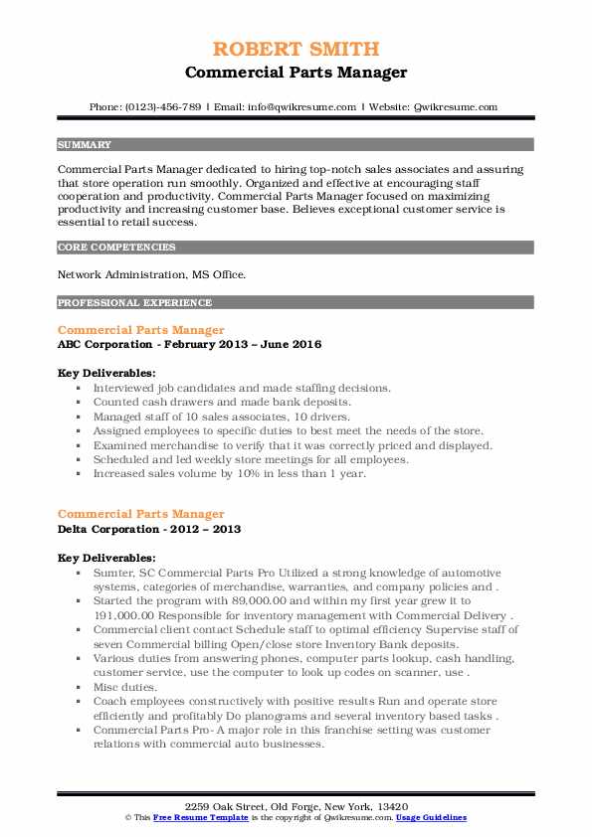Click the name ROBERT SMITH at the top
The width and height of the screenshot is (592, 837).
coord(296,49)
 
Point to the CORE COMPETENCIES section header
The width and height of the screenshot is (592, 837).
coord(116,247)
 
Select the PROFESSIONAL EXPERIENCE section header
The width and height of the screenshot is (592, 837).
coord(134,302)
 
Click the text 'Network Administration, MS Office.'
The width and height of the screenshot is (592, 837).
coord(152,274)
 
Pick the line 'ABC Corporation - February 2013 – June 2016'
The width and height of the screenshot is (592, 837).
coord(189,343)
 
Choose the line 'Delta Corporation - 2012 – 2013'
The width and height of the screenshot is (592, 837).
coord(149,529)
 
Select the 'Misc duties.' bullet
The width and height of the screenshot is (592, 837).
coord(124,685)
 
